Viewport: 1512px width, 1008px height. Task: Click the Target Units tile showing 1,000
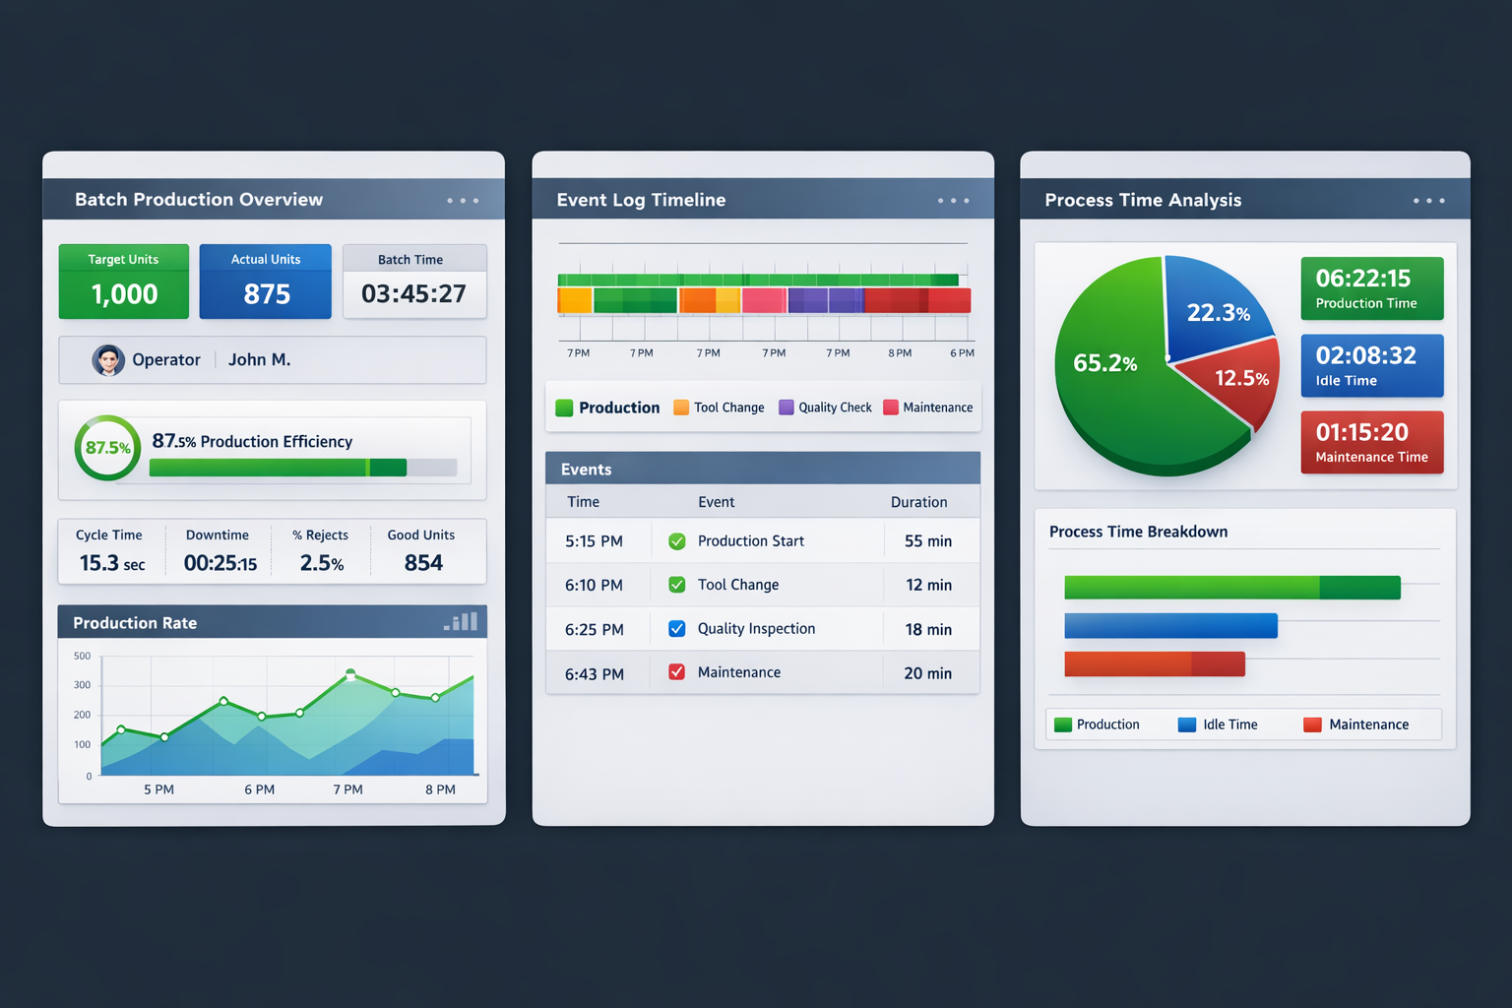pyautogui.click(x=124, y=282)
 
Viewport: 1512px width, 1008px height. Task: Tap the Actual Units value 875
pyautogui.click(x=267, y=294)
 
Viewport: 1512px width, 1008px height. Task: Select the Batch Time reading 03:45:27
pyautogui.click(x=413, y=293)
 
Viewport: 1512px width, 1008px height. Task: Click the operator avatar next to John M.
pyautogui.click(x=108, y=360)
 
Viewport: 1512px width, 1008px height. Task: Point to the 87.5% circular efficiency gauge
pyautogui.click(x=107, y=448)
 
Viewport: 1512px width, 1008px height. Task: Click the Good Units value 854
pyautogui.click(x=423, y=563)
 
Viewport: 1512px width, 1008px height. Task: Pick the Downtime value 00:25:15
pyautogui.click(x=220, y=563)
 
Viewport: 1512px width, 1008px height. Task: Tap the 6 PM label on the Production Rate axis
pyautogui.click(x=260, y=789)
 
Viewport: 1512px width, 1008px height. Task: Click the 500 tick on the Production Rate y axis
pyautogui.click(x=82, y=656)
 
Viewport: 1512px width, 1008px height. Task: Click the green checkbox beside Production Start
pyautogui.click(x=677, y=541)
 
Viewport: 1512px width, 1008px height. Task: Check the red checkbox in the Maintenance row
pyautogui.click(x=677, y=672)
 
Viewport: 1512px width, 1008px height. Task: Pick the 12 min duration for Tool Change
pyautogui.click(x=928, y=585)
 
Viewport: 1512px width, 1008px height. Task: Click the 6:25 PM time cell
pyautogui.click(x=594, y=630)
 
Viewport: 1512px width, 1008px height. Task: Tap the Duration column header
pyautogui.click(x=918, y=502)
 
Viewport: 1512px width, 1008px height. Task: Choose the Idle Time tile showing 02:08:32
pyautogui.click(x=1371, y=365)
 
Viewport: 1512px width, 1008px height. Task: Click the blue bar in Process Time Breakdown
pyautogui.click(x=1170, y=626)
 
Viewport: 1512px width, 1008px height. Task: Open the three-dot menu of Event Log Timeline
pyautogui.click(x=953, y=201)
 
